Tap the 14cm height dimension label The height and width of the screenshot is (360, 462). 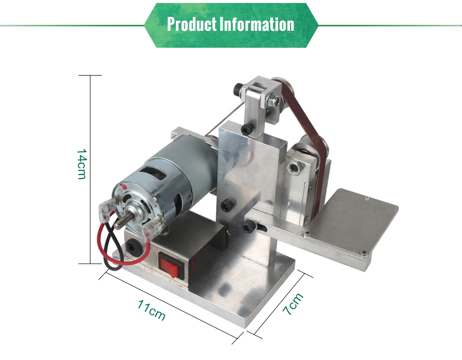pos(81,164)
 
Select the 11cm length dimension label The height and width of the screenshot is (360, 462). pos(151,310)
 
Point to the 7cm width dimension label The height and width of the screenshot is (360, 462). pos(293,304)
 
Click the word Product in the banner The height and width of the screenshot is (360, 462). pos(192,24)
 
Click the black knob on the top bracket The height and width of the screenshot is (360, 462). pos(237,89)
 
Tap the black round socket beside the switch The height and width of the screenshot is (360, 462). pos(133,247)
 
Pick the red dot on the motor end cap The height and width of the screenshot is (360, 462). pos(124,187)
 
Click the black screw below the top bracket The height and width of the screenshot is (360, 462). pos(245,129)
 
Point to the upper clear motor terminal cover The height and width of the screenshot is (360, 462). pos(107,209)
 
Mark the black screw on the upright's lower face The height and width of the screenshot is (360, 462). pos(226,205)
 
